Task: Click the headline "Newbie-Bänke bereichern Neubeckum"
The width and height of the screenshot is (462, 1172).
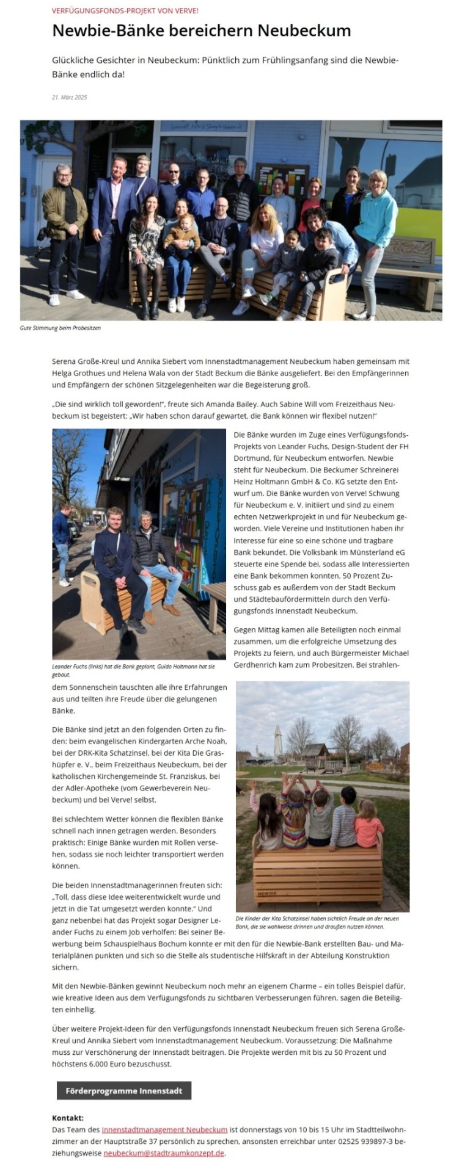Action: pos(201,31)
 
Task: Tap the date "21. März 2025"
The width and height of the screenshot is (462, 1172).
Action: pos(70,97)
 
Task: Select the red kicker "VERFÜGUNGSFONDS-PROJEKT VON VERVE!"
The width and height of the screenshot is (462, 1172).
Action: pos(125,11)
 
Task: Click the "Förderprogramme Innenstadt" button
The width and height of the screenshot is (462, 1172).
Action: pos(124,1091)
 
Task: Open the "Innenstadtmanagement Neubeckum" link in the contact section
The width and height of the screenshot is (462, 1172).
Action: pos(164,1130)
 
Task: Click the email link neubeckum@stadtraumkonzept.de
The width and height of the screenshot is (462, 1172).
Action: pos(164,1153)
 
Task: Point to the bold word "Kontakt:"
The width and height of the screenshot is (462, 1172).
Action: pos(68,1118)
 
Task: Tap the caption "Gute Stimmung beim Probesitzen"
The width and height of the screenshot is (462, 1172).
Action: pos(61,328)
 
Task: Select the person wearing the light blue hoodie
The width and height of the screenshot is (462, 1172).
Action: pos(375,220)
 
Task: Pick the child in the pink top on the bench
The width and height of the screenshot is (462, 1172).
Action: pos(369,827)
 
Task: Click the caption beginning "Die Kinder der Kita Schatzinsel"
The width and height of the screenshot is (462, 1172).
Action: pos(317,922)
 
